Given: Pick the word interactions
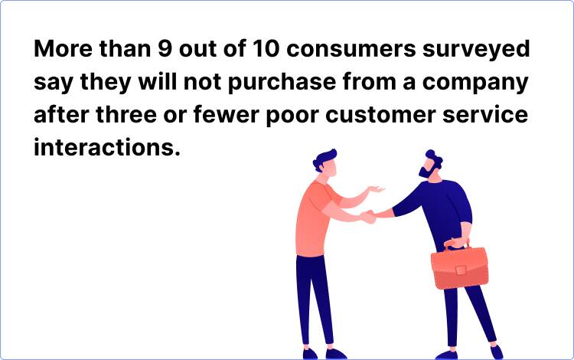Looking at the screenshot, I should [106, 146].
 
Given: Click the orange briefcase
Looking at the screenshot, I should [460, 267].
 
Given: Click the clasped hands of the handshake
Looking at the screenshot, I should [369, 217].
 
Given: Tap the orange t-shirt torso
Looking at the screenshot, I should [315, 218].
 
